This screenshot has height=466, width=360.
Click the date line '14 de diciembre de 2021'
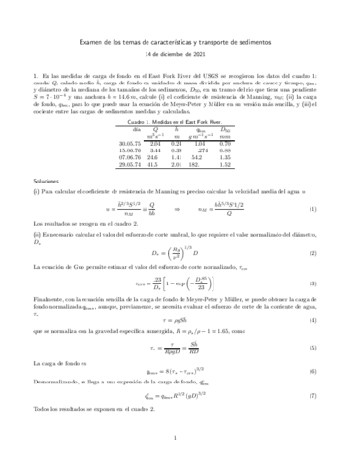point(180,56)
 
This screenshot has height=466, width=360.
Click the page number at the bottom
point(180,439)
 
